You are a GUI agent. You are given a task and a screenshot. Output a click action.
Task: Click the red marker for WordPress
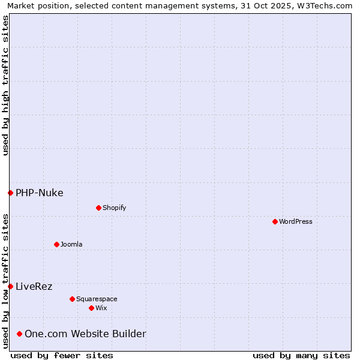point(275,221)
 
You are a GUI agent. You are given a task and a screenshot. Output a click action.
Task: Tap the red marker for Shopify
point(98,208)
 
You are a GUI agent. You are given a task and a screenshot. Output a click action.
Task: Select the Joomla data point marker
point(56,244)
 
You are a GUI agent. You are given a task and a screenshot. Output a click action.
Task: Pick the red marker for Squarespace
point(72,299)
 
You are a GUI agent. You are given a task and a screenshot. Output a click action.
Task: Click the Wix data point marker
point(91,308)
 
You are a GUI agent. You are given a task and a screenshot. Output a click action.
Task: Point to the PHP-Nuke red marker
point(10,193)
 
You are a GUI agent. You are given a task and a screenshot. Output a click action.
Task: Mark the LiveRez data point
point(10,286)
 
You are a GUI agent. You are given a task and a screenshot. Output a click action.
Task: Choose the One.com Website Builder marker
point(19,334)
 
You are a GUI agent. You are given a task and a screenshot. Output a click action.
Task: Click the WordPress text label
point(296,221)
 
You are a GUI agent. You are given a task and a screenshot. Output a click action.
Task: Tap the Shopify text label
point(114,208)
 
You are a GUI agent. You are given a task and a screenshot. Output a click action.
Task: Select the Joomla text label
point(71,244)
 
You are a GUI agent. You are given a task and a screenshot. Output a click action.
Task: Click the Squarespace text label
point(97,299)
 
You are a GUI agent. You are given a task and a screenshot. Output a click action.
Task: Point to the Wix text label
point(101,308)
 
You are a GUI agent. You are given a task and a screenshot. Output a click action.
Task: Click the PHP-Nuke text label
point(40,193)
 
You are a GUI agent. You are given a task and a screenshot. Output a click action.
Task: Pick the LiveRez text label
point(34,286)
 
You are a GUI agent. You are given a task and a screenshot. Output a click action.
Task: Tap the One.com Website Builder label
point(85,334)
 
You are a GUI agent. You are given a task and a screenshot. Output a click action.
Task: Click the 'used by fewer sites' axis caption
point(62,355)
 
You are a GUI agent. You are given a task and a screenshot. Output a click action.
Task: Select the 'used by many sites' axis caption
point(301,355)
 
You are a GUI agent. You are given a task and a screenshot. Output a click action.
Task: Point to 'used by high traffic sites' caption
point(5,85)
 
